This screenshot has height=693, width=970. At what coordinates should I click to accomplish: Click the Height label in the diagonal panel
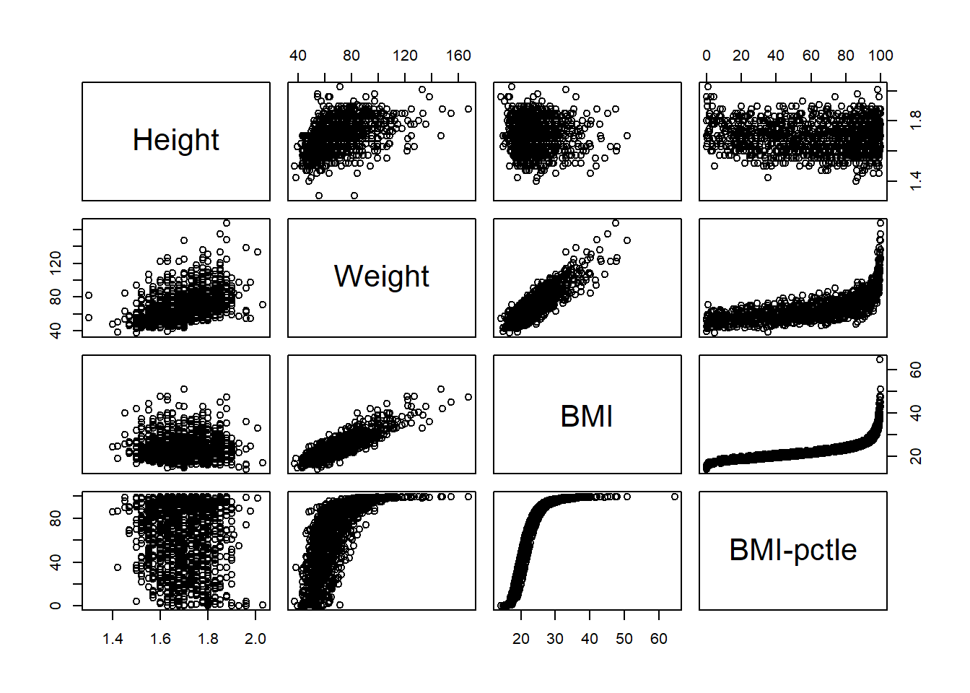(x=175, y=140)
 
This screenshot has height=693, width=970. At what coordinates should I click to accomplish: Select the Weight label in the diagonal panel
(x=381, y=276)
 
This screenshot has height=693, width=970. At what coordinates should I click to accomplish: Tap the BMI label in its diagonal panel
(x=587, y=417)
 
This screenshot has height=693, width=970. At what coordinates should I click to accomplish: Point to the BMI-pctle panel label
(x=792, y=550)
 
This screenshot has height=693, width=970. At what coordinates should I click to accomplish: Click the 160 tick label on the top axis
(x=458, y=56)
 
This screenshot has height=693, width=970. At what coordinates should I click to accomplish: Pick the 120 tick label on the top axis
(x=405, y=56)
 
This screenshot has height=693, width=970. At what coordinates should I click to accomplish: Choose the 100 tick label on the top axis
(x=881, y=56)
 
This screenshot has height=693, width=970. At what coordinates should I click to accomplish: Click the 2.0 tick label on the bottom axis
(x=255, y=639)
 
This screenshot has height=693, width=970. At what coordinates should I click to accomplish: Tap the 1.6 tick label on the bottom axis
(x=160, y=639)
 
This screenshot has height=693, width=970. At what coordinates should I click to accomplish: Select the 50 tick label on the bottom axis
(x=624, y=639)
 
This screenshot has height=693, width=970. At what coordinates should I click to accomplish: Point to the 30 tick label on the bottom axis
(x=555, y=639)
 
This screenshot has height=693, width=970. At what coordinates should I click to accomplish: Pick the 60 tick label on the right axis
(x=916, y=370)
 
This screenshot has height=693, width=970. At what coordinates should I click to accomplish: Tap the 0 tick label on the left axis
(x=56, y=606)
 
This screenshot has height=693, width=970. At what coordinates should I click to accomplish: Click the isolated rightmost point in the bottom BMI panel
(x=675, y=497)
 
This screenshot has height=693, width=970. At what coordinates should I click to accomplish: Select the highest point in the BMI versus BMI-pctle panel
(x=880, y=359)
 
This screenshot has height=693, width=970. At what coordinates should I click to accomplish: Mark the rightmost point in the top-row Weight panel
(x=468, y=109)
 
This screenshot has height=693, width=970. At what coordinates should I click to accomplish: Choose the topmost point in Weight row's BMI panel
(x=616, y=223)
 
